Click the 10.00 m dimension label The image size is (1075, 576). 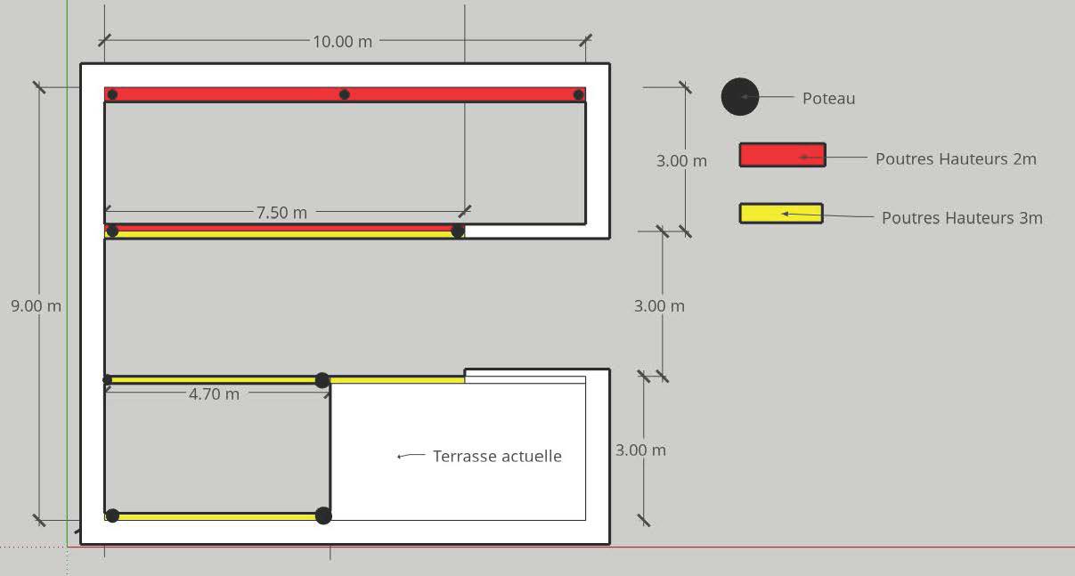coord(342,42)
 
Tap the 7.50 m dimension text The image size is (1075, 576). coord(281,213)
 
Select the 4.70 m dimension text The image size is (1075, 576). coord(214,394)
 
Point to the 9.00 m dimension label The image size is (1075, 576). coord(36,306)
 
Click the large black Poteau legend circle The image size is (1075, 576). coord(740,97)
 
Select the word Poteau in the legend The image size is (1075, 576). coord(829,98)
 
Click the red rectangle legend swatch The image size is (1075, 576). coord(782,155)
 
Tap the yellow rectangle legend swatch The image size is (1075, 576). coord(781,214)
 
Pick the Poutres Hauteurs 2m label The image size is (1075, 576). coord(956,158)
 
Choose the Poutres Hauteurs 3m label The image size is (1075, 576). coord(962,218)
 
